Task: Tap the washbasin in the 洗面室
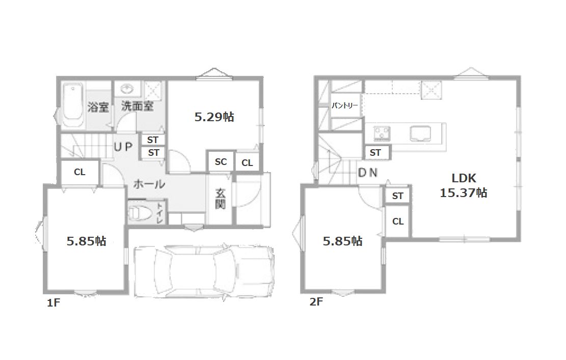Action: tap(127, 89)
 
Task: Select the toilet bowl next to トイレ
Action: tap(139, 213)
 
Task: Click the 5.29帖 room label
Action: tap(214, 117)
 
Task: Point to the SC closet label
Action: tap(221, 161)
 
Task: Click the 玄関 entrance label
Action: tap(220, 199)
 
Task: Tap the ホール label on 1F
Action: tap(149, 184)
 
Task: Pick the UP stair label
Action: tap(123, 147)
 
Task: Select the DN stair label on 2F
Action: tap(367, 173)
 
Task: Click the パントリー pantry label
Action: tap(345, 105)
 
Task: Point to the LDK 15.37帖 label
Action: tap(464, 185)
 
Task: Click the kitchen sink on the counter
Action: tap(420, 133)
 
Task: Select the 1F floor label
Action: tap(53, 302)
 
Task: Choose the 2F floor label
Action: tap(316, 301)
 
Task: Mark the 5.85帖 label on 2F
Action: tap(342, 241)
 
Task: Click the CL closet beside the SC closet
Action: tap(247, 162)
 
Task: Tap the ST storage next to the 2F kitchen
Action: tap(375, 153)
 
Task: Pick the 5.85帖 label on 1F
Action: tap(86, 241)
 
